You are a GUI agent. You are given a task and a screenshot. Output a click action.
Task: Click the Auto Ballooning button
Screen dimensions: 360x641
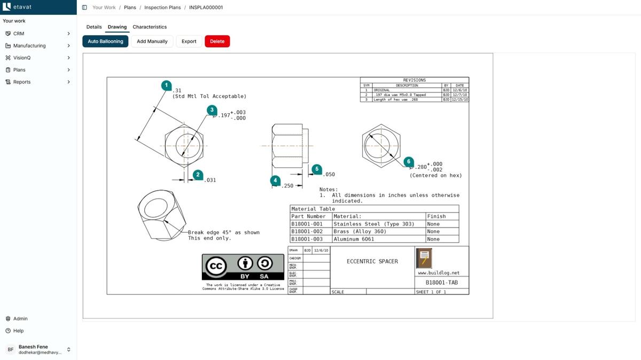105,41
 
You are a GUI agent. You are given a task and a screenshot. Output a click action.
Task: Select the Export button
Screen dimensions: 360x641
189,41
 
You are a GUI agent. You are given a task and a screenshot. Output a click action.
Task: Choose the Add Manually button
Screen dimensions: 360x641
152,41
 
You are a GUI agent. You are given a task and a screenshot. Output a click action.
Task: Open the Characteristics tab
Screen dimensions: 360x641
150,27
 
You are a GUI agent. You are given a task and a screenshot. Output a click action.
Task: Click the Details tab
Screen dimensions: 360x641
94,27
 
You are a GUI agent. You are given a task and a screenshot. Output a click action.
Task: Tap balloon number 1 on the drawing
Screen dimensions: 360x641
167,85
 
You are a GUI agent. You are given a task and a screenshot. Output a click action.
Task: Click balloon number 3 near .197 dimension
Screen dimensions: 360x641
212,110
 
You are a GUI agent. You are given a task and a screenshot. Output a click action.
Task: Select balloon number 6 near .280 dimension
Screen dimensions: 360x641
409,161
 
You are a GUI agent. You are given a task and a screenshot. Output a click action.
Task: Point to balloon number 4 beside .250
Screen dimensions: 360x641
275,181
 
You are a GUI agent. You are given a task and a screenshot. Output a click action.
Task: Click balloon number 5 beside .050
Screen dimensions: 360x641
317,169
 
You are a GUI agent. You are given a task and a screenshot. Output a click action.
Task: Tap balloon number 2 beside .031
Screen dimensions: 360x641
198,175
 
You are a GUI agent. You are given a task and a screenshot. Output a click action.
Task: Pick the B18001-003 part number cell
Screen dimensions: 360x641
307,239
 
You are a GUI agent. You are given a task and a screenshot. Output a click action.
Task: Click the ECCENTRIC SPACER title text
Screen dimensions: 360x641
372,261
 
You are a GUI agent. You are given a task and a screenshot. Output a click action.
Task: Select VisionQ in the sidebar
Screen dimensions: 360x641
22,58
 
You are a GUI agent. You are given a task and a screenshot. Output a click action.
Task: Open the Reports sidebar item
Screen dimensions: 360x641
22,82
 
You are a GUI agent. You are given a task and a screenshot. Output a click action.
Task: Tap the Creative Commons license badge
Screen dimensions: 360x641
243,267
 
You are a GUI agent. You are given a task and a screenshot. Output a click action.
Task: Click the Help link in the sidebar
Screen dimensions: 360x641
18,331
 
